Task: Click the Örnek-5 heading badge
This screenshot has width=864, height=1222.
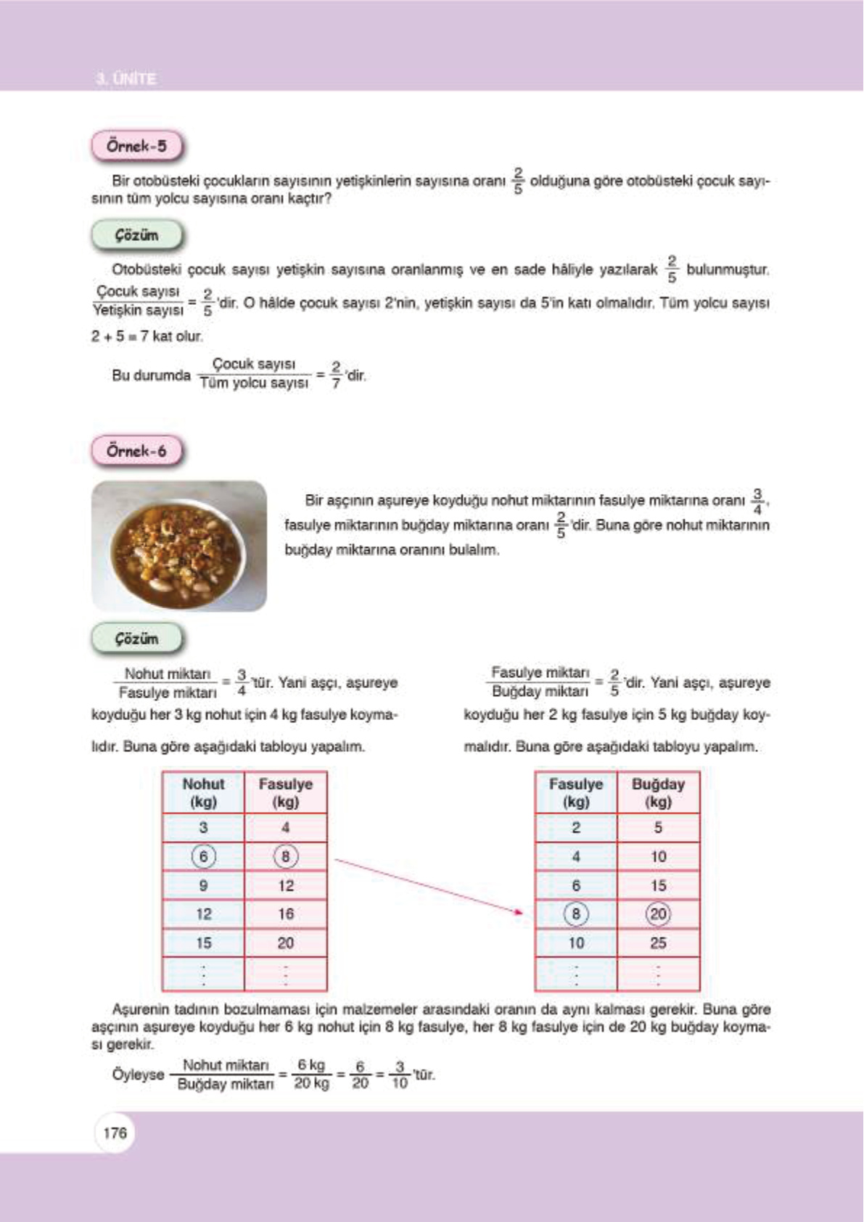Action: point(136,146)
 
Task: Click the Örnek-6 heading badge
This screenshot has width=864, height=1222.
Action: point(136,451)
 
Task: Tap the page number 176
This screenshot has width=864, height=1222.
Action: point(115,1133)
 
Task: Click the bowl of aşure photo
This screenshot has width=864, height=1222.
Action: point(179,546)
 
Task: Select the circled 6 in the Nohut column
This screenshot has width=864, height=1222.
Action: point(203,856)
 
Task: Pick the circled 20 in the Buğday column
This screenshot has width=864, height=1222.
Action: point(658,914)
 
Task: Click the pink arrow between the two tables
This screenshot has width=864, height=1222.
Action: point(428,885)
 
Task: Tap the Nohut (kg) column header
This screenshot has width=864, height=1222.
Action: point(203,792)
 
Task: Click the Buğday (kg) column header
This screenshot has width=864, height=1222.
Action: point(658,792)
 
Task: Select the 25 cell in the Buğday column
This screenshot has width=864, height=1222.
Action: point(658,943)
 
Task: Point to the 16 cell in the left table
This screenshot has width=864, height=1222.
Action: point(286,914)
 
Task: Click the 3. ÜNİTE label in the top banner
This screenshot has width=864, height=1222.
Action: point(126,78)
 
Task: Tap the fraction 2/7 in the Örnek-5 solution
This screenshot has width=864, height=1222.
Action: point(336,374)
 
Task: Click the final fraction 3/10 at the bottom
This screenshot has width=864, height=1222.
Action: point(399,1075)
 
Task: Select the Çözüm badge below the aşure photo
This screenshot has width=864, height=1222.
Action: point(136,639)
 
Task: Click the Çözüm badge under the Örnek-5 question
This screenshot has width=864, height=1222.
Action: point(136,235)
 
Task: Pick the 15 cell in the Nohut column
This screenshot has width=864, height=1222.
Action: point(203,943)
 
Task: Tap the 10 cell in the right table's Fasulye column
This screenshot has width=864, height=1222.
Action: point(576,943)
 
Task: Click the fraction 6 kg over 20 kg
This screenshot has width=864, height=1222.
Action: point(311,1075)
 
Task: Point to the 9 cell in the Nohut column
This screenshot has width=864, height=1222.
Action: point(203,885)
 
